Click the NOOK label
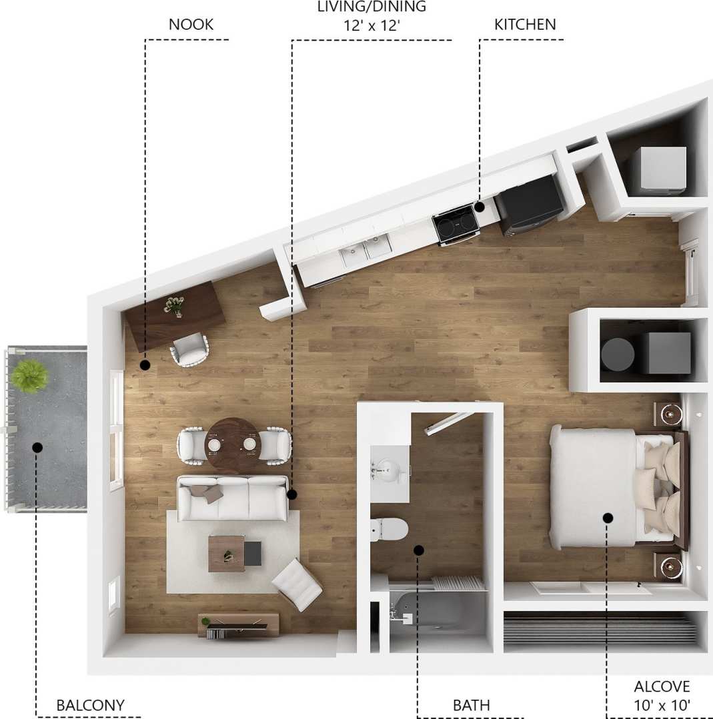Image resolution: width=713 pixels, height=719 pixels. click(191, 25)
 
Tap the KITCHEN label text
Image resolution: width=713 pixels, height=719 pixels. click(525, 25)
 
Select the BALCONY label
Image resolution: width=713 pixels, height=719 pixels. click(90, 705)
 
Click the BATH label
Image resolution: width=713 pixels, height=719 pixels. click(471, 705)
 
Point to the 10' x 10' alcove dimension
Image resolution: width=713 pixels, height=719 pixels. click(662, 703)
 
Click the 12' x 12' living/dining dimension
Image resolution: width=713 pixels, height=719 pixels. click(372, 26)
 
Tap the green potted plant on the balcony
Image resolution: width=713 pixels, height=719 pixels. click(29, 376)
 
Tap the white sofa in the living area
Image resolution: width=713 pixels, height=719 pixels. click(232, 498)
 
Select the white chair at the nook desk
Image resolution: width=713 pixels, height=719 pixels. click(190, 350)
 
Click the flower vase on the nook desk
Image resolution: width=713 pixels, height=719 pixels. click(174, 306)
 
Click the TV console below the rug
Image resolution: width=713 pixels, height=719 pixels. click(238, 624)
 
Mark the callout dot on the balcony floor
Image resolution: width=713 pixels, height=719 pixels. click(37, 447)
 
